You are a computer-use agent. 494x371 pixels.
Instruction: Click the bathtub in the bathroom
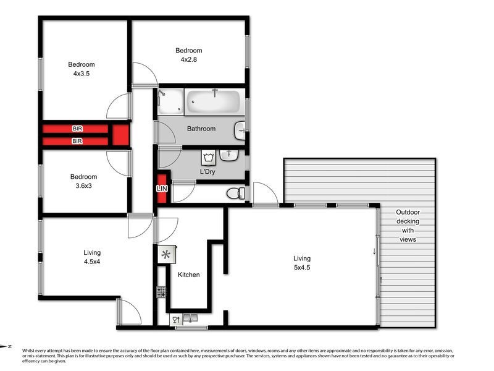pos(213,101)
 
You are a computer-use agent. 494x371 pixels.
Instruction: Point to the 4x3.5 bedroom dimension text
pos(82,74)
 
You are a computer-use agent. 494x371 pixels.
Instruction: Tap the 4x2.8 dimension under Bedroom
pos(188,60)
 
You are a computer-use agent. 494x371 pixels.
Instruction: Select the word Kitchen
pos(188,275)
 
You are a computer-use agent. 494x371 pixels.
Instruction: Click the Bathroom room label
pos(201,129)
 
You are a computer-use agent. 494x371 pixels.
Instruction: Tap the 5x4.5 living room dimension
pos(302,268)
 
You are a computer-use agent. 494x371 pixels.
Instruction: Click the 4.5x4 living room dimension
pos(92,262)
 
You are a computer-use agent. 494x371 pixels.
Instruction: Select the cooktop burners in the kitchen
pos(162,292)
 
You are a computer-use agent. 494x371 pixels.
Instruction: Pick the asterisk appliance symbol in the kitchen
pos(165,254)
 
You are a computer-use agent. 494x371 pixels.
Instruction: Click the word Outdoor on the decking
pos(408,212)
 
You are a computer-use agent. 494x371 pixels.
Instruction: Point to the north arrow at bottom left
pos(7,347)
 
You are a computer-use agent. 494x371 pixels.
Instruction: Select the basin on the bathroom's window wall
pos(240,129)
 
